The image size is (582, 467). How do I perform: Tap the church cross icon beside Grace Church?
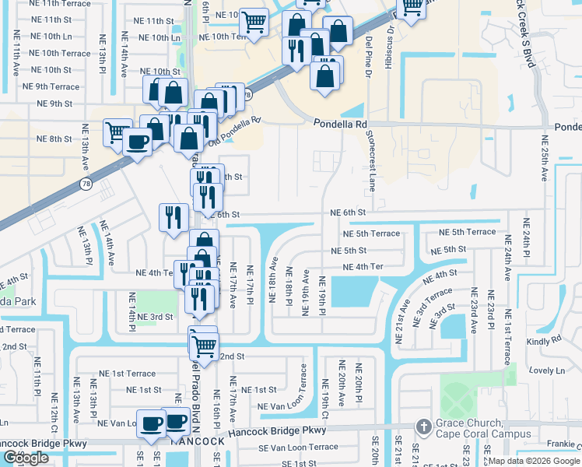[x=422, y=427]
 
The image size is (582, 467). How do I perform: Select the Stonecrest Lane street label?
[x=371, y=160]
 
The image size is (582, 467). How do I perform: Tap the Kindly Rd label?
[x=544, y=340]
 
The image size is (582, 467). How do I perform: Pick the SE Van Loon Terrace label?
[x=299, y=447]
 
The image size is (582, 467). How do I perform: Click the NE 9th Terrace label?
[x=51, y=87]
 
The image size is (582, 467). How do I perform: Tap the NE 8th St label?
[x=54, y=139]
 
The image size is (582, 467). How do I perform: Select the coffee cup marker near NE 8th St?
[x=138, y=142]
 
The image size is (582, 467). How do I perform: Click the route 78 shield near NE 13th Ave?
[x=84, y=184]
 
